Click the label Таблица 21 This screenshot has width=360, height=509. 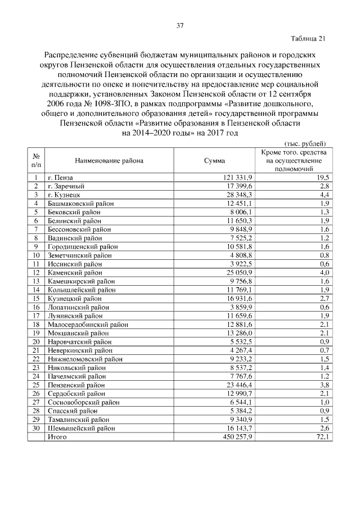click(308, 39)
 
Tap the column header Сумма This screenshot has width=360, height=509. click(214, 161)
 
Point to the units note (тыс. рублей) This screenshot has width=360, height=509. click(305, 143)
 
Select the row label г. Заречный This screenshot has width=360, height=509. click(66, 186)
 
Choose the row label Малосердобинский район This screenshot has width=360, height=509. click(87, 325)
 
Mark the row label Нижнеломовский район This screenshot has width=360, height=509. click(85, 359)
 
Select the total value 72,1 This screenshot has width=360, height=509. click(322, 436)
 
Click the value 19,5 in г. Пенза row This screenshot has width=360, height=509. click(322, 177)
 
